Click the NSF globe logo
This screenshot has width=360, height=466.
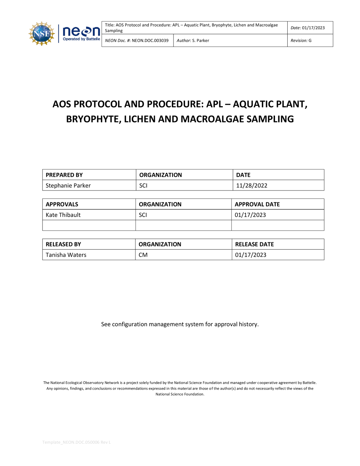pos(41,34)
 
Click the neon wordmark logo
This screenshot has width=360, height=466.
pos(81,31)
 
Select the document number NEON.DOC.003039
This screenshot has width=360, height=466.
pos(150,41)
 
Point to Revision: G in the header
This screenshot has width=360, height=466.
pos(301,41)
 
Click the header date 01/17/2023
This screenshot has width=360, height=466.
pos(313,28)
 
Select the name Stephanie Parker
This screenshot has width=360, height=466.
pos(68,185)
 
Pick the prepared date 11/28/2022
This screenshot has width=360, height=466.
pos(252,185)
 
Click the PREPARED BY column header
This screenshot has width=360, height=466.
pos(64,175)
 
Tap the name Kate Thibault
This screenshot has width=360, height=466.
pos(63,215)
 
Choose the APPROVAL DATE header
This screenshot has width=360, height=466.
pos(257,204)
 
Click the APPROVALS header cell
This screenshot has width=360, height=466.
pos(62,204)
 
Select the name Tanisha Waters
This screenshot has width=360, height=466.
pos(66,255)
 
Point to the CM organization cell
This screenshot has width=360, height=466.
pos(143,255)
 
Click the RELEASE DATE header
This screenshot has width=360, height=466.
pos(254,244)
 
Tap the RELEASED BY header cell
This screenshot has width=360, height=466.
pos(63,244)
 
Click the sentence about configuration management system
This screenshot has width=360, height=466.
pos(180,324)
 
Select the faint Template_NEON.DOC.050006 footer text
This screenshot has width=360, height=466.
pos(76,442)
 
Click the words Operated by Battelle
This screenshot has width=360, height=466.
pos(81,39)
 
